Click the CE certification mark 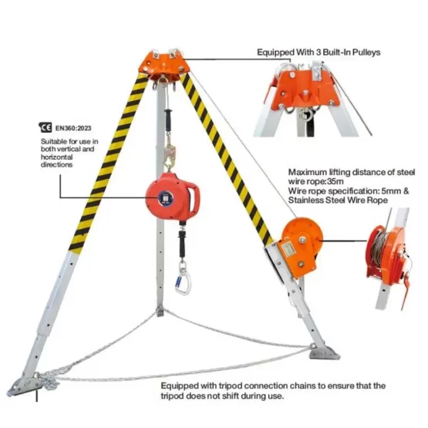[x=45, y=127]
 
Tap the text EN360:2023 [x=73, y=128]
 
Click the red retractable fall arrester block [x=172, y=196]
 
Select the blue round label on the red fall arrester [x=166, y=197]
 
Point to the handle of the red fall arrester [x=195, y=196]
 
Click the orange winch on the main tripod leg [x=300, y=247]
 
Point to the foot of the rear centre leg [x=160, y=312]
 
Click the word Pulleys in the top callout [x=366, y=52]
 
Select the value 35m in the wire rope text [x=335, y=181]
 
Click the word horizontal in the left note [x=57, y=157]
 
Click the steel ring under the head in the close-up [x=305, y=115]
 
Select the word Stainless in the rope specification [x=306, y=201]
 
